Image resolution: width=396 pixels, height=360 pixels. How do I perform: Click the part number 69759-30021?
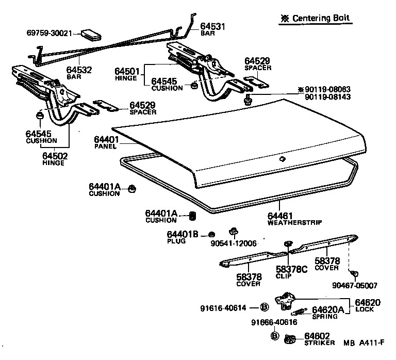[50, 32]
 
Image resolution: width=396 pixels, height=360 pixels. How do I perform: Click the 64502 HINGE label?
[55, 158]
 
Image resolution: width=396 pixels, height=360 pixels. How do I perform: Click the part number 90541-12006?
[234, 243]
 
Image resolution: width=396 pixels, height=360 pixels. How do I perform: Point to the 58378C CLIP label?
[291, 272]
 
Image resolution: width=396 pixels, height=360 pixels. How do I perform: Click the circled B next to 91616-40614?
[263, 308]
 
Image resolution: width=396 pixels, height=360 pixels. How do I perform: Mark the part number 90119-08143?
[327, 96]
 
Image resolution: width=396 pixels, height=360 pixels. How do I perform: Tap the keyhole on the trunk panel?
[282, 159]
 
